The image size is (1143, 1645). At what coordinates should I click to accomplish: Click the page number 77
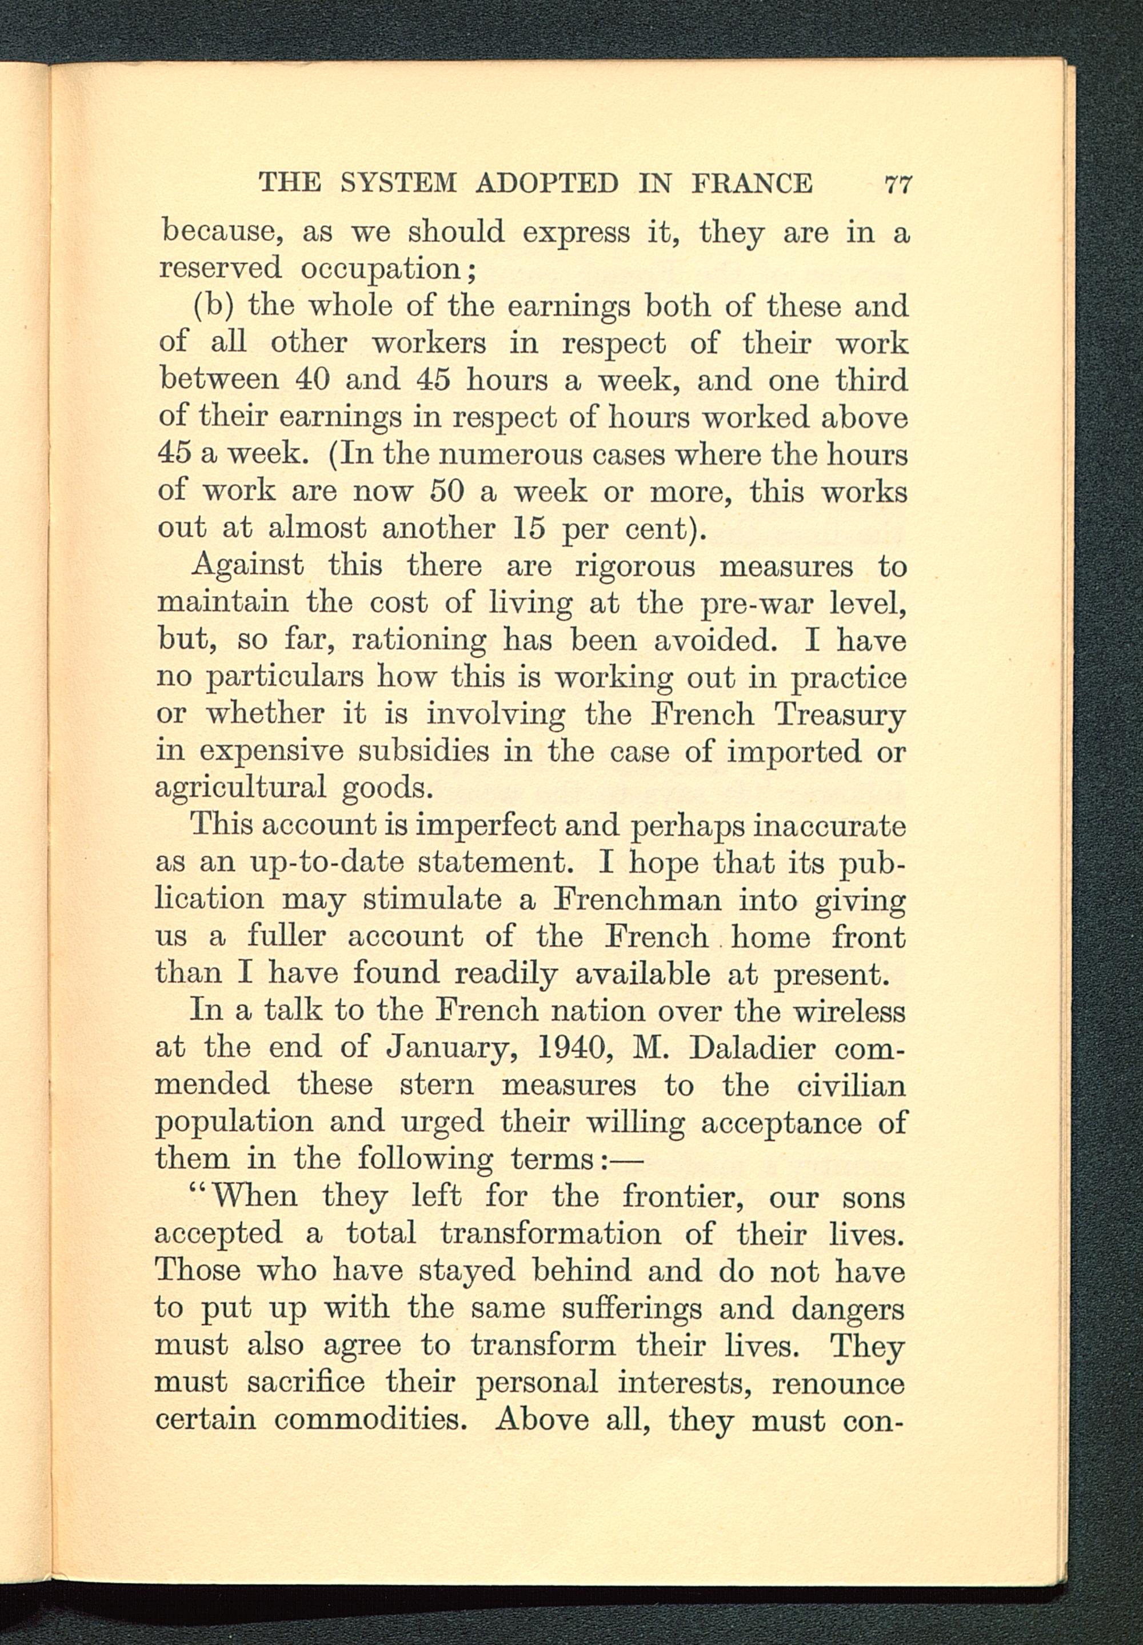pyautogui.click(x=897, y=184)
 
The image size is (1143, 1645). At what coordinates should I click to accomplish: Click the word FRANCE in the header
pyautogui.click(x=752, y=183)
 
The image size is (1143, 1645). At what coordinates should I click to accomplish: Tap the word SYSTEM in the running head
pyautogui.click(x=398, y=183)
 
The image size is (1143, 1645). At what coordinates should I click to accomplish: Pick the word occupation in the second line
pyautogui.click(x=379, y=269)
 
